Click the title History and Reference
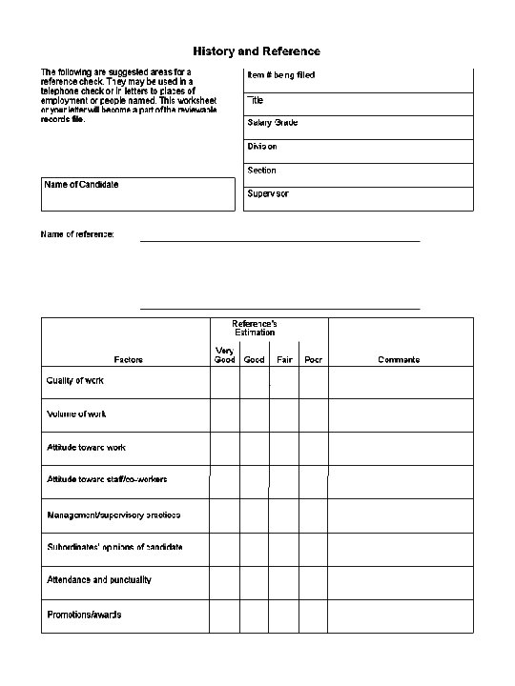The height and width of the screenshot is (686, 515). pos(257,50)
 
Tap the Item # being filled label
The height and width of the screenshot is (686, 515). pos(281,75)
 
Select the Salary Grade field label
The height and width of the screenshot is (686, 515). pos(273,123)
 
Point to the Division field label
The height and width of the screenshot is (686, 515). pos(262,147)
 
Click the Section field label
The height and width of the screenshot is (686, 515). pos(261,171)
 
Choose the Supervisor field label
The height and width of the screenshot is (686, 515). pos(268,194)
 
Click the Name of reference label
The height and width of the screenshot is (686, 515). pos(77,234)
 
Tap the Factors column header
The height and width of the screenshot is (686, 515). pos(128,359)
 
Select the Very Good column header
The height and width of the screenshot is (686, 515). pos(224,354)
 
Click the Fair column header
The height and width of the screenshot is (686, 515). pos(284,359)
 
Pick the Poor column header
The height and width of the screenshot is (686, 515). pos(313,359)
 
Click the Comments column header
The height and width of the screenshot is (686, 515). pos(399,359)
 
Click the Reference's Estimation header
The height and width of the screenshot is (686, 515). pos(255,328)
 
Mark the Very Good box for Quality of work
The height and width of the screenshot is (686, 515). pos(225,381)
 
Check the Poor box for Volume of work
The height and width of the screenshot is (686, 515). pos(313,414)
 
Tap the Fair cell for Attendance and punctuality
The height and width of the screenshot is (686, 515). pos(283,580)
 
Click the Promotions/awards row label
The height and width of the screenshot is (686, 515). pos(84,615)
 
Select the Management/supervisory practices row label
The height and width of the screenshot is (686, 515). pos(113,514)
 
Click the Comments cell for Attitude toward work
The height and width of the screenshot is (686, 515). pos(401,448)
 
